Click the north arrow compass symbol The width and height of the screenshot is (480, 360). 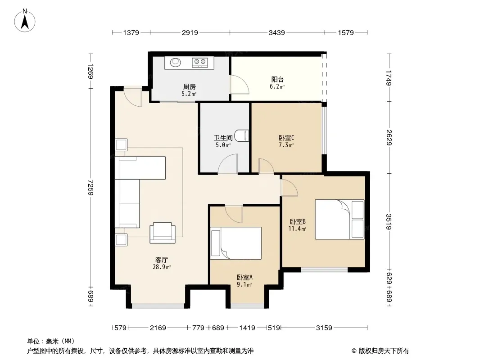25,21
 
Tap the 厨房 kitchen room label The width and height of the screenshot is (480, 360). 190,87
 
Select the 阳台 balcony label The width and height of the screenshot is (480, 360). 277,80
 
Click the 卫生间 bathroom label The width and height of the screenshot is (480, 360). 223,138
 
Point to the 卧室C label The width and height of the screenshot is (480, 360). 286,138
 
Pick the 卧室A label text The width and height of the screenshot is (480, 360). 245,277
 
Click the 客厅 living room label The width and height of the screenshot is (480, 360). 161,260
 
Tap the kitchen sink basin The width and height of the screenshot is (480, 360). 176,63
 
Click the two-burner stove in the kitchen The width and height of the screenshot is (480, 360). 200,63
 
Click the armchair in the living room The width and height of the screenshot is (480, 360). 163,233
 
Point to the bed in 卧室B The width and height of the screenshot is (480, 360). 340,219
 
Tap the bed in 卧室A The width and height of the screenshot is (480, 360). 236,243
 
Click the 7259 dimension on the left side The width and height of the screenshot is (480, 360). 91,187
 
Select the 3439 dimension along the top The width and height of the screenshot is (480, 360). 277,32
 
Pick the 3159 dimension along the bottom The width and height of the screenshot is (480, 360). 324,328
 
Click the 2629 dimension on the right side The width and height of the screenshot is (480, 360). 389,137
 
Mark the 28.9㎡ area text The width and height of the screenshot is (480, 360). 162,267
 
